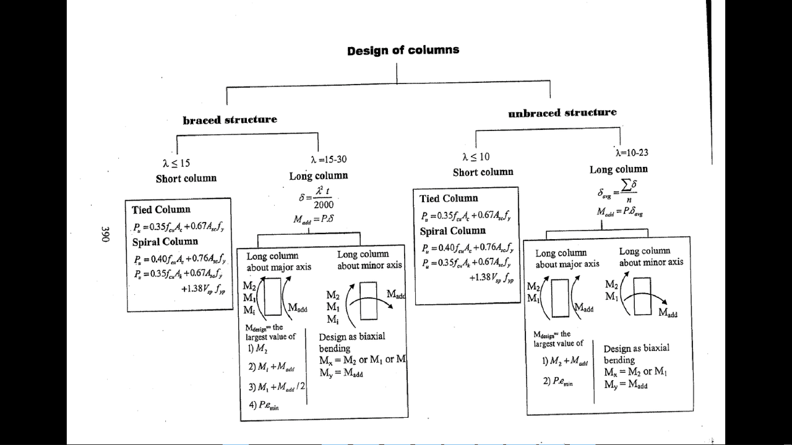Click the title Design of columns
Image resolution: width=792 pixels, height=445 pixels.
point(403,50)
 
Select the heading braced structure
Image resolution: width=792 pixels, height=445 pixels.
point(230,119)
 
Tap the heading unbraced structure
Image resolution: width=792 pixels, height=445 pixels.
point(562,112)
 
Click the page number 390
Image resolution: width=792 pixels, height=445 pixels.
point(105,234)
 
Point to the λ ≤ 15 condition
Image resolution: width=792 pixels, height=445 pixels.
point(176,163)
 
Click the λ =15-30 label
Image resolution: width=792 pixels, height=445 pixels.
point(329,159)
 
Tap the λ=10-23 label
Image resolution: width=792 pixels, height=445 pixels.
point(631,153)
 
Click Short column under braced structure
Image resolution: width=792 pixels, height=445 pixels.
point(186,178)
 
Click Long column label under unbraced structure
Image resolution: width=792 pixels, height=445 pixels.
point(618,169)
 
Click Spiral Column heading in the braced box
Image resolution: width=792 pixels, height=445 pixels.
point(165,242)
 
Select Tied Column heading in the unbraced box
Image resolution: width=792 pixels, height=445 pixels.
point(449,198)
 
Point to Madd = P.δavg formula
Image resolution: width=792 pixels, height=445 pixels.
point(619,211)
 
